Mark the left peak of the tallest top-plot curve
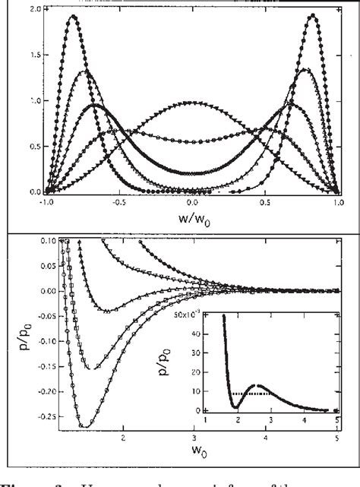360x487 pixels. tap(74, 16)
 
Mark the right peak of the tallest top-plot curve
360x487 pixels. tap(313, 16)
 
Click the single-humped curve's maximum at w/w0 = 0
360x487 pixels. tap(193, 103)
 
